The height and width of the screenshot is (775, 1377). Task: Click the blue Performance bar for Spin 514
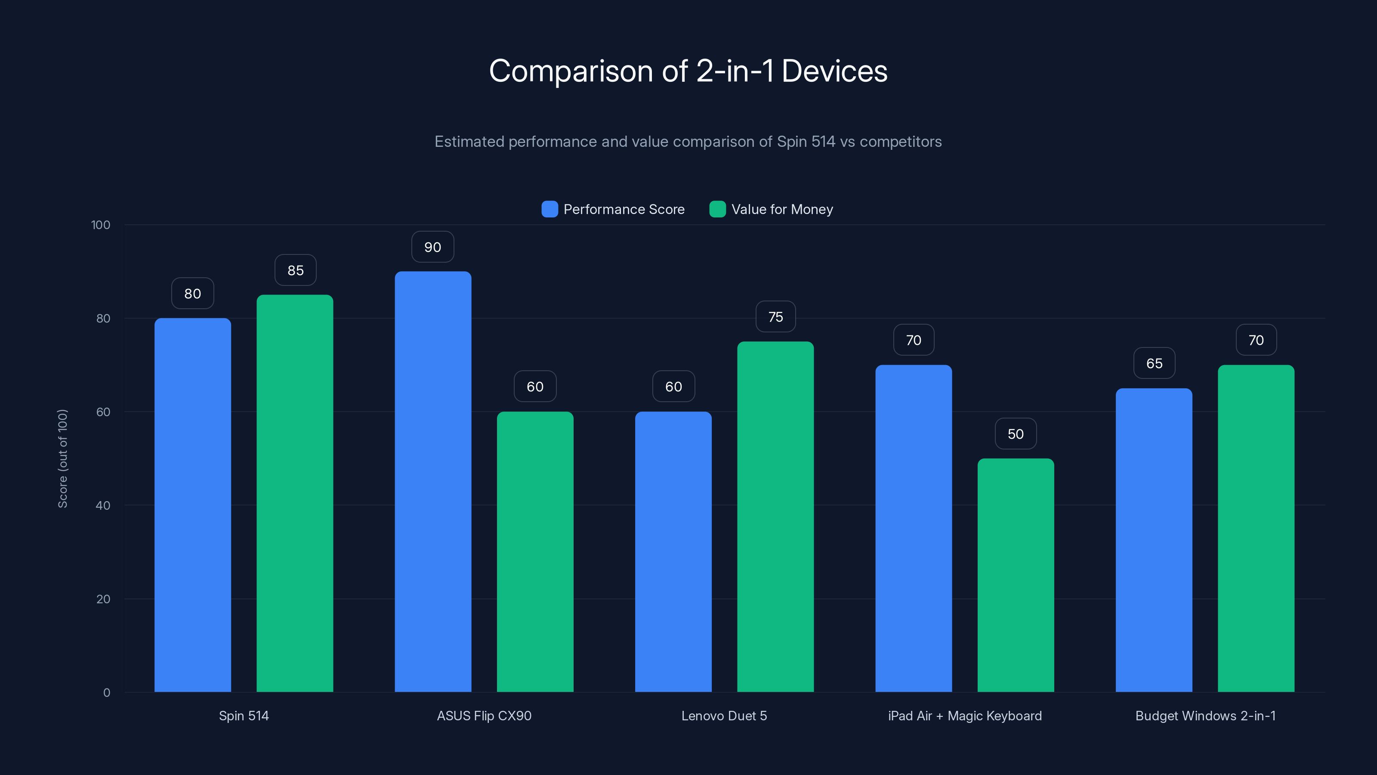(192, 505)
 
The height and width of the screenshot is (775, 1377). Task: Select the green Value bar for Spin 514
(294, 493)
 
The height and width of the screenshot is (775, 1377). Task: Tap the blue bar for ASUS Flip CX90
(433, 481)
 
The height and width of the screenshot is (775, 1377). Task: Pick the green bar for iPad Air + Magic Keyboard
(1016, 575)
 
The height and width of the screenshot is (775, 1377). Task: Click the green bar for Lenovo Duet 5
(775, 517)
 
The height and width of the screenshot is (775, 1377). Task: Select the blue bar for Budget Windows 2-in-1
(1154, 540)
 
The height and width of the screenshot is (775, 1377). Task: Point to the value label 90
(432, 247)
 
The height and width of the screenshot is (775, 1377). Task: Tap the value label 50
(1016, 434)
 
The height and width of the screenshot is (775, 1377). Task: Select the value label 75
(775, 317)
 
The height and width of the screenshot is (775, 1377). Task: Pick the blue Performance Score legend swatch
(550, 209)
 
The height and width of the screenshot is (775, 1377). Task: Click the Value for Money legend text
(782, 209)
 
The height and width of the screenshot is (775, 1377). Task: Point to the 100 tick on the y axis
(101, 225)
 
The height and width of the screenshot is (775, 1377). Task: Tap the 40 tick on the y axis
(103, 505)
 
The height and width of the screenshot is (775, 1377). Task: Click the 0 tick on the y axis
(106, 693)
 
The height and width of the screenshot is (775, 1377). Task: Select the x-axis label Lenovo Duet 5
(724, 716)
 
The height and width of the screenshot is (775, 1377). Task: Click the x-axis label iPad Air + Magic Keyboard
(965, 716)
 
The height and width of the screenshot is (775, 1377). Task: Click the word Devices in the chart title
(834, 71)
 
